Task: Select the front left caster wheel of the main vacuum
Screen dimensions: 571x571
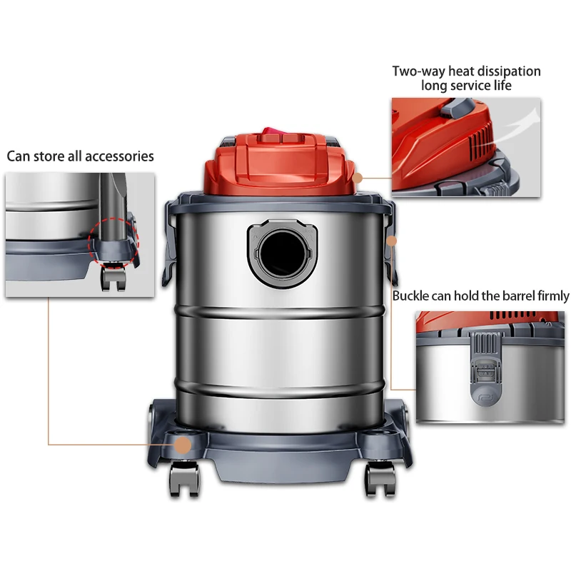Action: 185,478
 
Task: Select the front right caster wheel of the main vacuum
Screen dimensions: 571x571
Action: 380,479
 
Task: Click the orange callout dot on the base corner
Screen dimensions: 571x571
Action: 183,445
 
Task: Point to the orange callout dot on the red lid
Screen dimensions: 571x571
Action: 358,178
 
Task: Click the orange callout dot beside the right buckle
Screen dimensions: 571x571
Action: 391,241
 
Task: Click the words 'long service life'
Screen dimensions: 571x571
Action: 466,86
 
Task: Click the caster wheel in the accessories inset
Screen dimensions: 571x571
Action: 113,278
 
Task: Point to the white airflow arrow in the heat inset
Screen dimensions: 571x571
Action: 515,127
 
